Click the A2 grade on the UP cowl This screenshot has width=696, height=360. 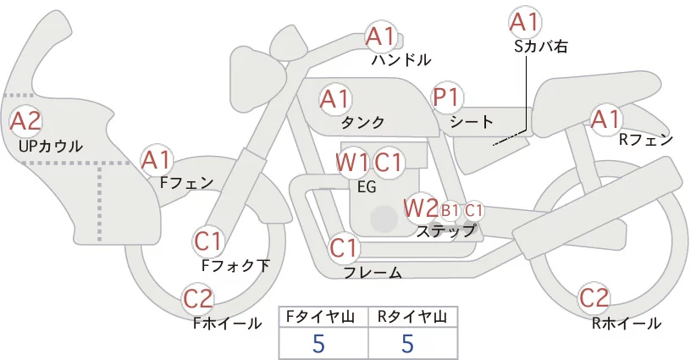pos(25,121)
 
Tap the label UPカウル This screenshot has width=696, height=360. pos(51,146)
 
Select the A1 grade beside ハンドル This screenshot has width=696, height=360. pos(380,36)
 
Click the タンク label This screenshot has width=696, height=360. pos(362,122)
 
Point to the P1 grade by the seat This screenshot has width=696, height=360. pos(446,97)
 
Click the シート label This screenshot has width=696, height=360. pos(472,121)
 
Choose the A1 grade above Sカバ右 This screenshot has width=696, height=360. pos(525,22)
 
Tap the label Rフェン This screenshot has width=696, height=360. pos(646,140)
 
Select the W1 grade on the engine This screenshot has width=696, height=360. pos(352,163)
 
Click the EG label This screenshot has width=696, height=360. pos(367,187)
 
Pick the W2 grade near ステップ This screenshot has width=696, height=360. pos(420,208)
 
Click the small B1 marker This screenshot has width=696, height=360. pos(450,211)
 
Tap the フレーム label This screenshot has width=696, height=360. pos(373,272)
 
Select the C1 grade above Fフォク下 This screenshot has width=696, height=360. pos(208,242)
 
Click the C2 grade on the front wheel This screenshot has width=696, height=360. pos(198,299)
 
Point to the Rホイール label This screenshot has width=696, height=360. pos(627,324)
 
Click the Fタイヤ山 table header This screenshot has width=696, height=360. pos(323,317)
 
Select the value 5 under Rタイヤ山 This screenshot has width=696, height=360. pos(407,343)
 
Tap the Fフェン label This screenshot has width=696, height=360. pos(186,182)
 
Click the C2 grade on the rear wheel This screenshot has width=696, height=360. pos(594,298)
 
